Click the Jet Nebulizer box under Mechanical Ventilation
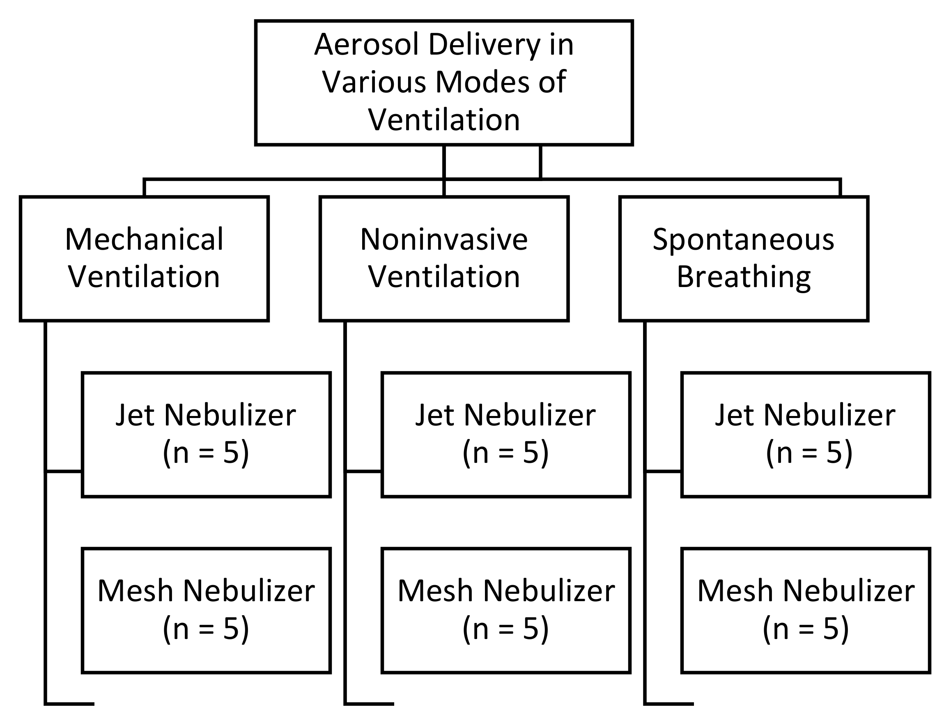[206, 434]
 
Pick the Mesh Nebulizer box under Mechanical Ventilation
[206, 610]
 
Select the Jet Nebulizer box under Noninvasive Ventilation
[505, 434]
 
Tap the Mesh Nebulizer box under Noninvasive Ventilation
[505, 610]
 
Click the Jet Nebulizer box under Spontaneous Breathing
[805, 434]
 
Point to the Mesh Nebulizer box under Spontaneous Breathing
[805, 610]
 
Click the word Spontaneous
[743, 240]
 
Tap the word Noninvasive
[444, 239]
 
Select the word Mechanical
[144, 239]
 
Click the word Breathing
[743, 278]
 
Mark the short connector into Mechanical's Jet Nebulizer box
[64, 471]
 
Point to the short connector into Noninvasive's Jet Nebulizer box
[363, 471]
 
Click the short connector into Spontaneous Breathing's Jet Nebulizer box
[663, 471]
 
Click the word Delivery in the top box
[484, 44]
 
